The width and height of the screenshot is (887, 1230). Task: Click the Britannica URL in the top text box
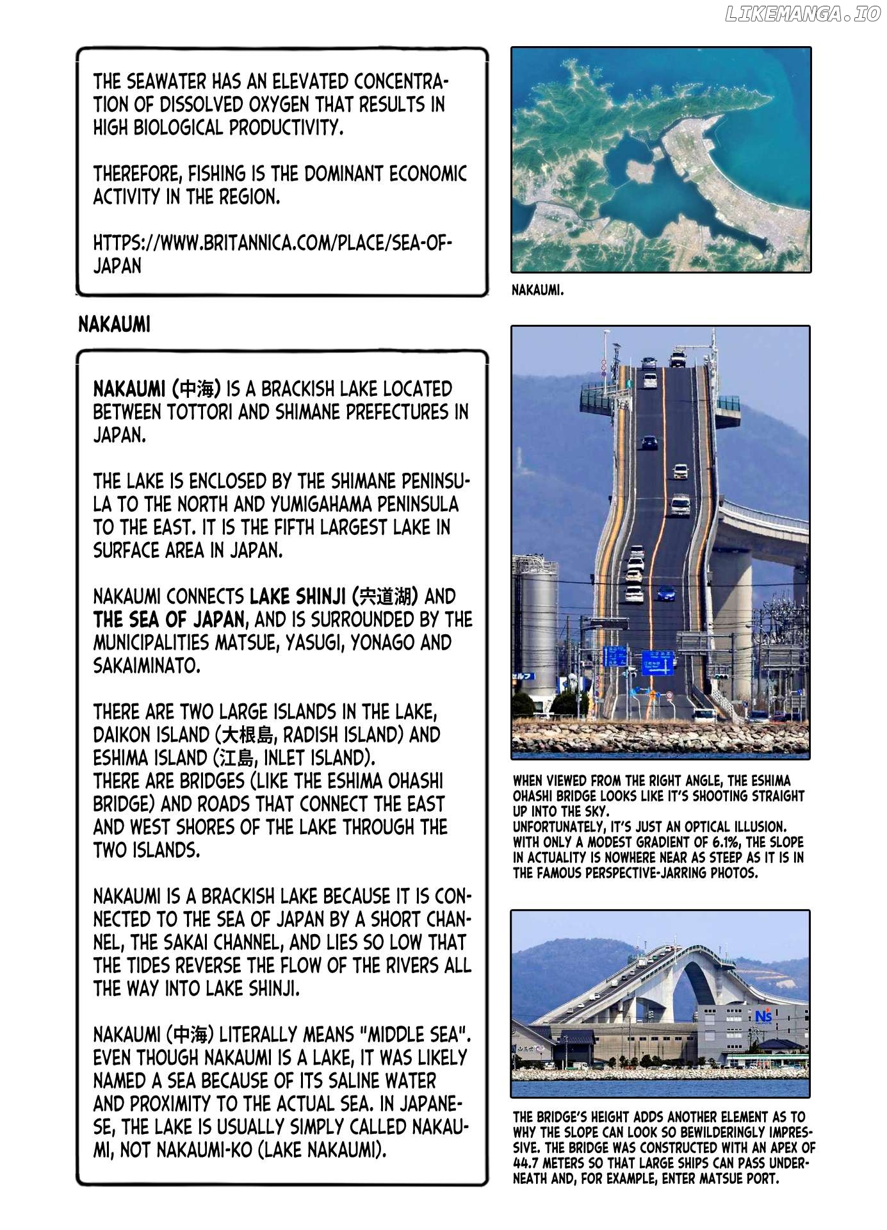tap(272, 254)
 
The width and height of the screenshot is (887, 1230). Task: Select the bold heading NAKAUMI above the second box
tap(114, 325)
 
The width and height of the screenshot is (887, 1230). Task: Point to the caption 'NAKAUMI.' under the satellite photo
tap(538, 290)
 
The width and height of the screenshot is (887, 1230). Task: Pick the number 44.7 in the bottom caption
tap(528, 1163)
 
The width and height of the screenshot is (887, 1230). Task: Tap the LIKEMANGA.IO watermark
tap(802, 15)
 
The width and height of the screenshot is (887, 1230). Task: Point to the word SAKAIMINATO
tap(147, 666)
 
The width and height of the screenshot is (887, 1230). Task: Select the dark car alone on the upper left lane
tap(649, 441)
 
